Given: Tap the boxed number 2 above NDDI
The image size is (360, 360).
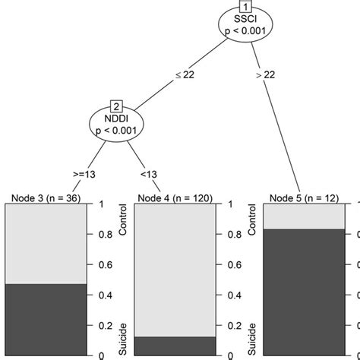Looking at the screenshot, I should tap(117, 105).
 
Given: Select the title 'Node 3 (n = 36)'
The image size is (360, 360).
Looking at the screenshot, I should tap(46, 198).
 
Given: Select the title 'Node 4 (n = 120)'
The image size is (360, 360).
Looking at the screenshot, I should tap(175, 198).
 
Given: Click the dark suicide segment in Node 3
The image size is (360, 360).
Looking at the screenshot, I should tap(46, 319).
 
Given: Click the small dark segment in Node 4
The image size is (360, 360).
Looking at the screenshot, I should tap(175, 346).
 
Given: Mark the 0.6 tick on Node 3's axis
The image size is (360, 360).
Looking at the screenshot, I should tap(96, 264).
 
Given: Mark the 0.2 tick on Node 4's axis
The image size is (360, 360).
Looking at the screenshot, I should tap(226, 325).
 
